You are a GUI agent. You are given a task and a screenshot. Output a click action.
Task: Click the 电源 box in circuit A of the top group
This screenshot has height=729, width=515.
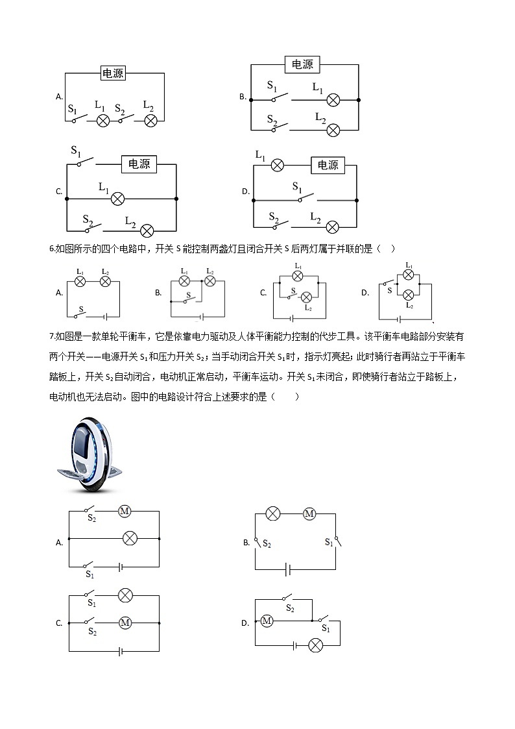click(113, 73)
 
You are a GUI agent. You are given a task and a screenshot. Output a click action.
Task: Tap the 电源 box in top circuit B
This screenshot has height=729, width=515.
click(302, 64)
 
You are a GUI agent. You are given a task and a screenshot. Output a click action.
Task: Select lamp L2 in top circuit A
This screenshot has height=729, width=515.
click(150, 121)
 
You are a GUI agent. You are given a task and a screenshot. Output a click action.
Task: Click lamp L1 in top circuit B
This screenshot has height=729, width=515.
click(333, 100)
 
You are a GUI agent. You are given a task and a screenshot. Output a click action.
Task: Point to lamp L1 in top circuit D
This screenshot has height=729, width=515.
click(277, 165)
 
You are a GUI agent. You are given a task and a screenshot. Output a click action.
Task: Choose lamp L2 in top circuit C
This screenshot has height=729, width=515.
click(147, 230)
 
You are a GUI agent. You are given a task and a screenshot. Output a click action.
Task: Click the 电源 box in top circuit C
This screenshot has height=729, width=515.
click(139, 164)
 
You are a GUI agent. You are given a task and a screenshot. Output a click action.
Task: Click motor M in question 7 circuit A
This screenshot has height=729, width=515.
click(125, 512)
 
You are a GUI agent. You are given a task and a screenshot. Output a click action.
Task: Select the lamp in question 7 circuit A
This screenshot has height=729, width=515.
click(130, 538)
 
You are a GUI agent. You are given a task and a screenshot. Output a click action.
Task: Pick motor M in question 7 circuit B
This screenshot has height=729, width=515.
click(309, 514)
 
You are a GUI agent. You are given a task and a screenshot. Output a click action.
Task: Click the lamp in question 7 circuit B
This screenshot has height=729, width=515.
click(273, 514)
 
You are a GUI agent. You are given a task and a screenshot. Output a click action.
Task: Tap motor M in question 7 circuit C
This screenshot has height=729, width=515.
click(125, 623)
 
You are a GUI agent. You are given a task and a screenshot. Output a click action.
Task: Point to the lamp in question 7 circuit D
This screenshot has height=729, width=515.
click(315, 645)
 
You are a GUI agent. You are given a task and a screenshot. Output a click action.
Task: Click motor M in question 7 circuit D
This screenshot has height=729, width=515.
click(267, 621)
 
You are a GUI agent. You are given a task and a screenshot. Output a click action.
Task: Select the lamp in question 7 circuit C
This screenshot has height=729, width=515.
click(125, 595)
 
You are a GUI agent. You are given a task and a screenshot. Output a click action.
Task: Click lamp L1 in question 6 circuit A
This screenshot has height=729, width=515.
click(80, 281)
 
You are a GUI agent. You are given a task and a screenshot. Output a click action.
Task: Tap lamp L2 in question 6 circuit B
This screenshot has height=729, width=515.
click(210, 281)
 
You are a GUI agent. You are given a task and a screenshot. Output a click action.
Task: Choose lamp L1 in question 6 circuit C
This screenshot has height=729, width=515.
click(298, 275)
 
